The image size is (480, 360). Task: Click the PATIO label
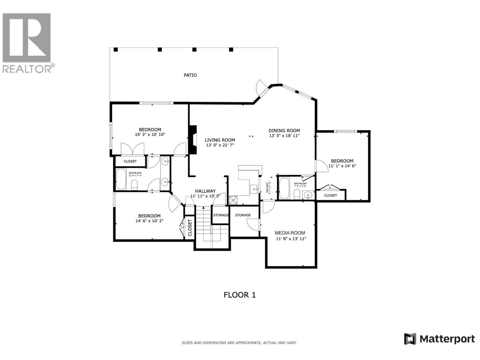point(190,75)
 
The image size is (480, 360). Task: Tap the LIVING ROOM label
point(220,140)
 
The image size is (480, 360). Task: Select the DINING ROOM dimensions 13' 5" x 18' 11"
point(284,136)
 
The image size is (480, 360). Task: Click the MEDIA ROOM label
point(290,233)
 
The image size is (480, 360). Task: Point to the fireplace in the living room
point(192,140)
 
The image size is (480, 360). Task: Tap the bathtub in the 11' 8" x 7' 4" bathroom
point(121,179)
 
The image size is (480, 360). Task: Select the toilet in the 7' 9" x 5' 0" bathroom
point(297,194)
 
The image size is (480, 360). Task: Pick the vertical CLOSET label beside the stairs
point(190,228)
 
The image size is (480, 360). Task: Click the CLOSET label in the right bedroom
point(330,195)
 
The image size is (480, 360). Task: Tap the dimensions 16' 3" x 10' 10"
point(150,135)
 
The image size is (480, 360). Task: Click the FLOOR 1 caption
point(240,295)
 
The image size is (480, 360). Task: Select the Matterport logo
point(439,339)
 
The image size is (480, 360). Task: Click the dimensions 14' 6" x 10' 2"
point(149,221)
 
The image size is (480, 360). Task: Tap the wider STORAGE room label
point(243,215)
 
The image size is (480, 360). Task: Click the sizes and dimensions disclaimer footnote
point(239,343)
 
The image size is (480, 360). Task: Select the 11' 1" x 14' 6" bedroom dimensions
point(342,166)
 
